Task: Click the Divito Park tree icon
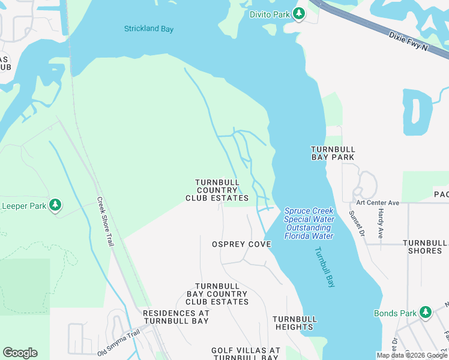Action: (x=299, y=14)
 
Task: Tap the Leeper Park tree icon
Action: (x=55, y=206)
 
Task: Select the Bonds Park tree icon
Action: (x=426, y=312)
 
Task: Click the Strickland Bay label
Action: (x=148, y=28)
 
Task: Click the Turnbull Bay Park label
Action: (x=333, y=153)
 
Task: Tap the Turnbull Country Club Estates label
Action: (x=217, y=190)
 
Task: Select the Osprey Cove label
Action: (x=241, y=244)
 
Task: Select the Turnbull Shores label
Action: (x=425, y=247)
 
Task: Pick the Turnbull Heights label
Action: (x=294, y=323)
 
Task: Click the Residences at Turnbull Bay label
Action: (x=176, y=317)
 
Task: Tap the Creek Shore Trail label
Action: (x=106, y=221)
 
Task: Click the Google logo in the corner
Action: (x=20, y=353)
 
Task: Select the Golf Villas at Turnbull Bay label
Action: (x=246, y=353)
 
